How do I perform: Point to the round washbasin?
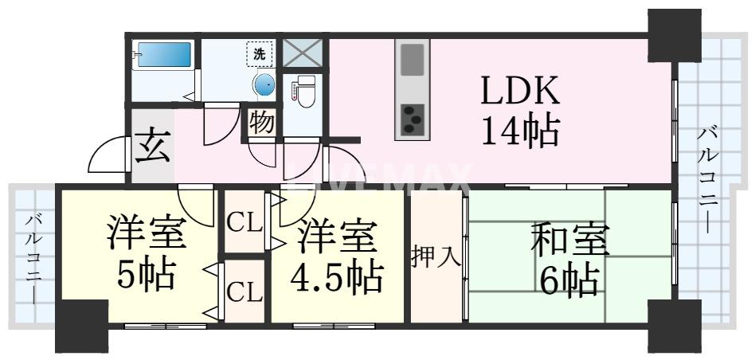point(264,85)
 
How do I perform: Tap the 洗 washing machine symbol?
point(260,54)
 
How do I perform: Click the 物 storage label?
point(262,123)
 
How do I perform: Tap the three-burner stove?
point(412,119)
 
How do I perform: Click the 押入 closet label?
point(436,257)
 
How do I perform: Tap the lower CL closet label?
point(244,292)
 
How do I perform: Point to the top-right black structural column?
point(674,36)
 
